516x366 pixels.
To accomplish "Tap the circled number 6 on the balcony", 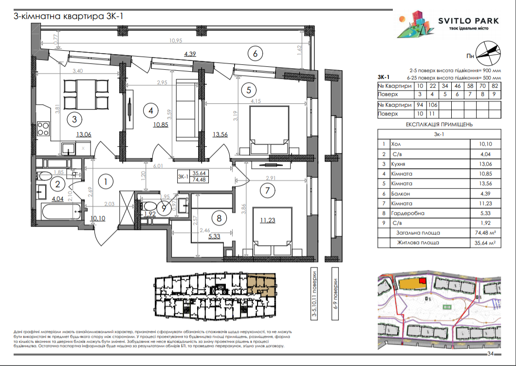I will coord(255,52).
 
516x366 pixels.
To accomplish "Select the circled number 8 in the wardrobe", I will coord(219,218).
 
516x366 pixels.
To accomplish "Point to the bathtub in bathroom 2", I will coord(58,211).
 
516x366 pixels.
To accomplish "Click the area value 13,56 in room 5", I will coord(221,135).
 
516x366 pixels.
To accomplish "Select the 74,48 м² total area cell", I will coord(483,232).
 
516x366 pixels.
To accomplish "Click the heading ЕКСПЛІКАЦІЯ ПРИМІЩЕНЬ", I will coord(439,124).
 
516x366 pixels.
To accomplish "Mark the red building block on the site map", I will coord(422,281).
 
